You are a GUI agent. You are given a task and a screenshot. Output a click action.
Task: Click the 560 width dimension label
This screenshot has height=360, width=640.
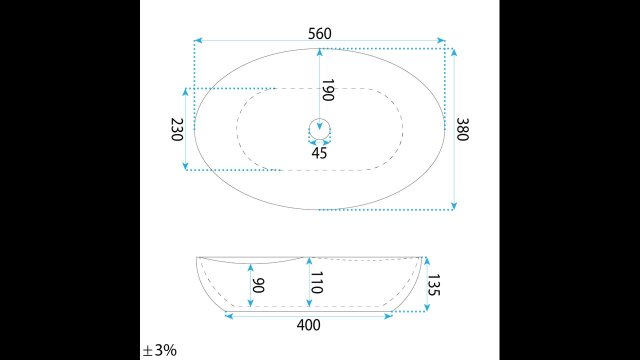pos(319,33)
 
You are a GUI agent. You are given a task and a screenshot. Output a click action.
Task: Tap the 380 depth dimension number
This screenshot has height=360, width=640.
pos(462,129)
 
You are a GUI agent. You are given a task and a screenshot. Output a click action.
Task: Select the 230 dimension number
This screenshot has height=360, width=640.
pos(177,129)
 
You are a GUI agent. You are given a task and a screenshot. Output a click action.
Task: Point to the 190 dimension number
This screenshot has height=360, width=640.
pos(328,90)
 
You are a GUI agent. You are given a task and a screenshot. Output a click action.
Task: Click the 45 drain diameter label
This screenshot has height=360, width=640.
pos(319,153)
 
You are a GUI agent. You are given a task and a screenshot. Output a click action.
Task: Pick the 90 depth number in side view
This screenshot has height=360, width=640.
pos(258,285)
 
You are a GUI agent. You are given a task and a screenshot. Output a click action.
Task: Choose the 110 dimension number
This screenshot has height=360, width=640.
pos(317,282)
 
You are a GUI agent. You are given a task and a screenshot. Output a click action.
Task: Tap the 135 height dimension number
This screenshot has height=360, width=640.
pos(433,285)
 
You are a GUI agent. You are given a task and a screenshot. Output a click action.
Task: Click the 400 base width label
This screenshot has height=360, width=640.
pos(308,325)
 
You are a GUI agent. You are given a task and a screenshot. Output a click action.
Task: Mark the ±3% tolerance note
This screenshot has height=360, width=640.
pos(159,350)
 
